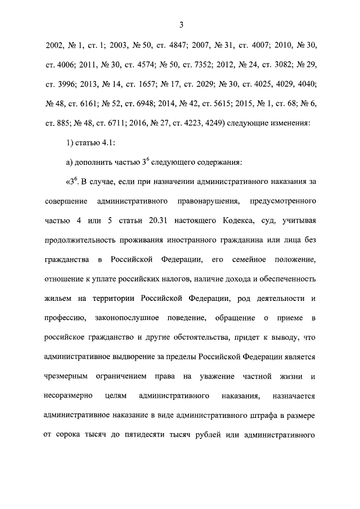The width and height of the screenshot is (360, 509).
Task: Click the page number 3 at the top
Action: point(181,25)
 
